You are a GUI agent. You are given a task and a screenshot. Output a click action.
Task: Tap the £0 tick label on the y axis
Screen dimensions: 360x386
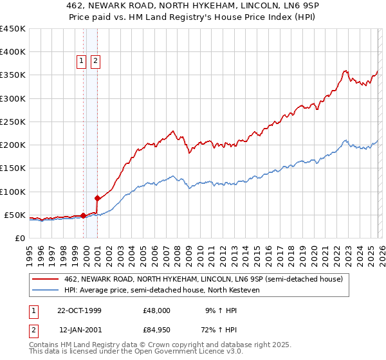click(x=19, y=239)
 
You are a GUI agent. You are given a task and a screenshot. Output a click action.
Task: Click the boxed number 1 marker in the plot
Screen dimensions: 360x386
click(x=82, y=61)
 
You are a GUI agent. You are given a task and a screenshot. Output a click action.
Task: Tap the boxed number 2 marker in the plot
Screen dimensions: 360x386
click(x=95, y=61)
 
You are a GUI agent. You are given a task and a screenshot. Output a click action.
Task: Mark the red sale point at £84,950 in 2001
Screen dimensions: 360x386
click(x=98, y=199)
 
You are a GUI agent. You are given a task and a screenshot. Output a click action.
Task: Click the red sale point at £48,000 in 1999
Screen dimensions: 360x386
click(x=84, y=215)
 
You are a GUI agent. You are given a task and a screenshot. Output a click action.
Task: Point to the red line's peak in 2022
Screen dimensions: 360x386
click(x=346, y=71)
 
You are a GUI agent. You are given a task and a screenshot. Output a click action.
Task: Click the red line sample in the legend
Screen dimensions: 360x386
click(x=46, y=280)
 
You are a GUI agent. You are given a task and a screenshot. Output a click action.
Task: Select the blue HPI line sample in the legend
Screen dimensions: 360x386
click(x=46, y=291)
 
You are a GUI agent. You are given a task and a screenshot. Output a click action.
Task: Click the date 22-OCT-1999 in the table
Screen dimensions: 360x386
click(x=79, y=310)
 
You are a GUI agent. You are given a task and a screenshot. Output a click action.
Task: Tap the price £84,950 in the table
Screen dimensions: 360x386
click(x=157, y=330)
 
